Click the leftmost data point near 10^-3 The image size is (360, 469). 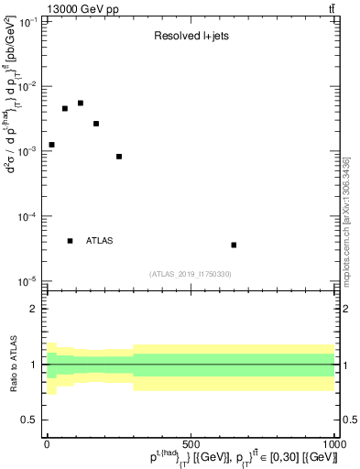(x=51, y=145)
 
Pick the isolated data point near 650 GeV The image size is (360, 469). (x=234, y=245)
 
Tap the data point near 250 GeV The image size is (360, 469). (x=119, y=157)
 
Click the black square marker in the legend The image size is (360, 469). (x=71, y=241)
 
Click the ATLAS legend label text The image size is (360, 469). (x=100, y=241)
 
